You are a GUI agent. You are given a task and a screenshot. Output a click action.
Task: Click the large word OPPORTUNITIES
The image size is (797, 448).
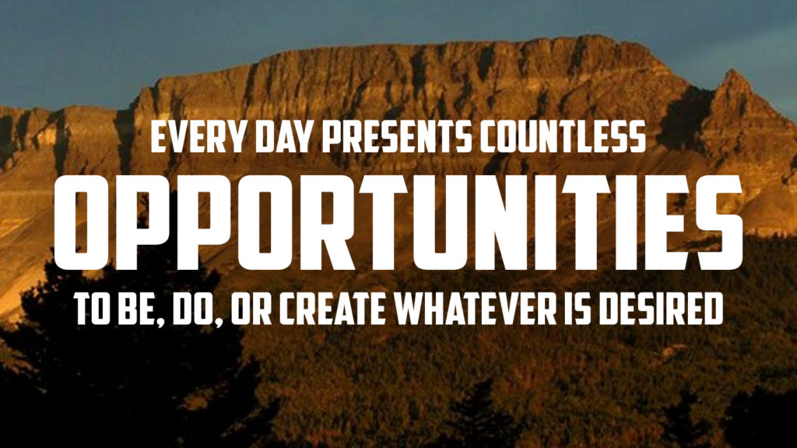398,222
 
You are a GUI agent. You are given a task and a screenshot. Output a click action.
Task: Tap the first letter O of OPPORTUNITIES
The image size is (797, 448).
82,222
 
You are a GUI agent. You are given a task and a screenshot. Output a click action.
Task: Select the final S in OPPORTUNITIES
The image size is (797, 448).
716,222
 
